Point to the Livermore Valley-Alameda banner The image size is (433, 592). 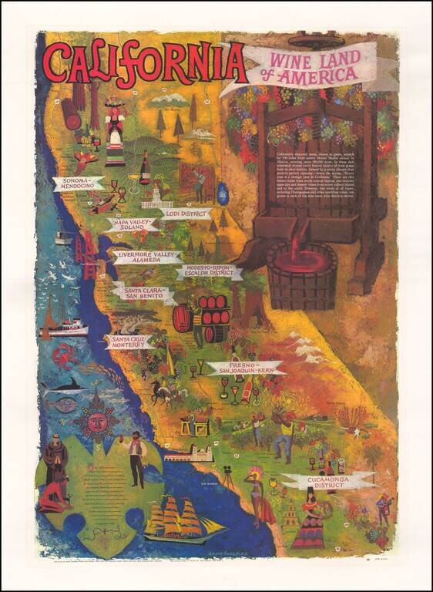pos(147,257)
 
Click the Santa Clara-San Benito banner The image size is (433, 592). pos(144,293)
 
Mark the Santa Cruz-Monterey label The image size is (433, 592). pos(127,341)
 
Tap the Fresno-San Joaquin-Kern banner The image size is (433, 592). pos(246,368)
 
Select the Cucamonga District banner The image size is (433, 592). pos(328,482)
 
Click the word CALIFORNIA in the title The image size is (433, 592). pos(146,63)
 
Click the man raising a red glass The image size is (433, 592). pos(135,455)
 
